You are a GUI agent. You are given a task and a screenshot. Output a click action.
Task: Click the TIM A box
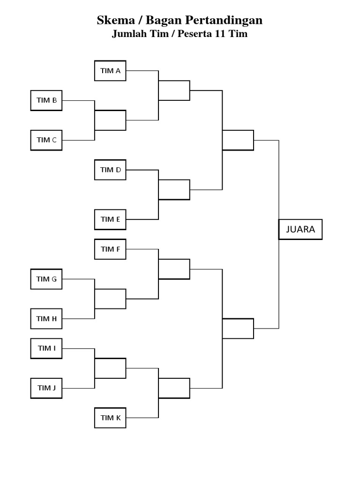[110, 71]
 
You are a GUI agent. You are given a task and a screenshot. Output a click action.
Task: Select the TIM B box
[46, 100]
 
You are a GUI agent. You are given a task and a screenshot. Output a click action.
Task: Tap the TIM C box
[46, 140]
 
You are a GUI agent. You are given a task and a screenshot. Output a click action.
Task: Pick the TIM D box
[110, 170]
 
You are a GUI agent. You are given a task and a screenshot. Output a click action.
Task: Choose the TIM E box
[110, 219]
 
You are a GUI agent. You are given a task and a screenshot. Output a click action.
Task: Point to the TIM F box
[110, 249]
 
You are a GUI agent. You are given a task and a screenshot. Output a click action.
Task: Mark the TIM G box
[46, 279]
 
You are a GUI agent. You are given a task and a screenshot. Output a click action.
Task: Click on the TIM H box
[46, 319]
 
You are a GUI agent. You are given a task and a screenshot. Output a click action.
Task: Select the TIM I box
[46, 348]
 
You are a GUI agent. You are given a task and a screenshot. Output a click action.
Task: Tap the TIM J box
[46, 388]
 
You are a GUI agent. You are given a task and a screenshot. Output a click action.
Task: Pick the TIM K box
[110, 418]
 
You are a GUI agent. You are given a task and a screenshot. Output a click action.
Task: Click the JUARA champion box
[300, 230]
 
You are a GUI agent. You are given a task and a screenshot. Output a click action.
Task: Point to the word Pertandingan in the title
[224, 20]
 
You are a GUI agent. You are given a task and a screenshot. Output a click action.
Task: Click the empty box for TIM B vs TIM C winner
[110, 120]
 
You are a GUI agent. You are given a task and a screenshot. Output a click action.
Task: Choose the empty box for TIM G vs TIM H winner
[110, 299]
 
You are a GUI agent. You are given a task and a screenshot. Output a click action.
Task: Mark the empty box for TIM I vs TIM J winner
[110, 368]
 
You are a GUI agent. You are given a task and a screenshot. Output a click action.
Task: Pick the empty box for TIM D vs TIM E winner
[174, 190]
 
